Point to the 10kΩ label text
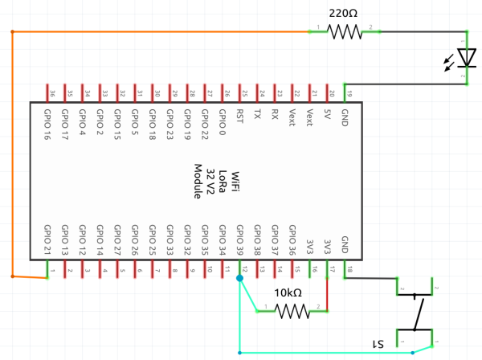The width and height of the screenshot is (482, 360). click(288, 292)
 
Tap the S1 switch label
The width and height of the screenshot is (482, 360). click(375, 343)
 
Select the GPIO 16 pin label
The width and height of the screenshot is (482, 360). click(48, 124)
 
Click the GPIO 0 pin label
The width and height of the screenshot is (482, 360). click(222, 122)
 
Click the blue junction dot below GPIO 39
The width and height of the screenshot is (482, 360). click(239, 278)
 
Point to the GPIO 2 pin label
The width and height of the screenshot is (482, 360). click(100, 122)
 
